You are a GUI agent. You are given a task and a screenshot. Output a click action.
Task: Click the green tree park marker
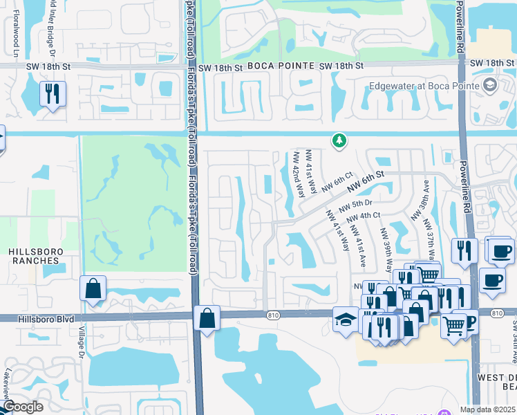click(x=339, y=141)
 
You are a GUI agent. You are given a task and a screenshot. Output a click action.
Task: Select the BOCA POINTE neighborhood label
click(x=275, y=66)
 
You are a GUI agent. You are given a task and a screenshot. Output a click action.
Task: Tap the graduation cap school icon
click(x=344, y=320)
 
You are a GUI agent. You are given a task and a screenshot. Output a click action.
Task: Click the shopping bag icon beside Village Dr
click(x=93, y=288)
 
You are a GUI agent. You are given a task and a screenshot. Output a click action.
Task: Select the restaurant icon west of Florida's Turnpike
click(x=53, y=93)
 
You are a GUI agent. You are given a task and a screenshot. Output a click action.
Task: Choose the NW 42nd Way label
click(x=299, y=175)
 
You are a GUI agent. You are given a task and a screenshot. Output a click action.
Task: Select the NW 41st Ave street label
click(x=358, y=246)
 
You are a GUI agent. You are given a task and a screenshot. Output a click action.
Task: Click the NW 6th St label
click(x=366, y=182)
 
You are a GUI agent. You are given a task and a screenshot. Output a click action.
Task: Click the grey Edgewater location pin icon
click(x=490, y=85)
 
